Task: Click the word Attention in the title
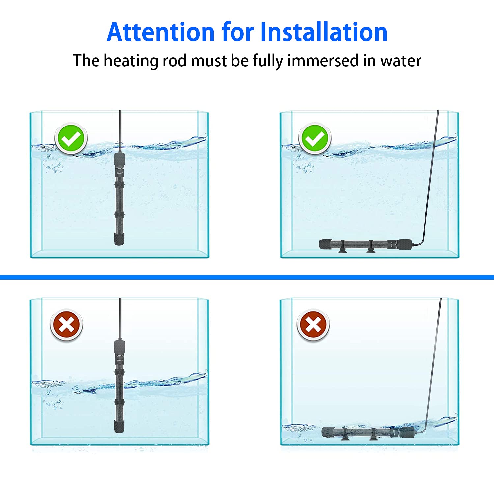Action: [x=161, y=32]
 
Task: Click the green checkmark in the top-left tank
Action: [x=71, y=139]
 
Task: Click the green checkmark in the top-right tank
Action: [x=315, y=139]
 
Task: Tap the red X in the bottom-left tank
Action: [x=66, y=325]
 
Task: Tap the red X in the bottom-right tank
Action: [x=313, y=325]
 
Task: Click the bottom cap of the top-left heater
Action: [x=119, y=239]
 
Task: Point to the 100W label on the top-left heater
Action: [x=120, y=173]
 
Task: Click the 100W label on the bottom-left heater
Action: [x=120, y=361]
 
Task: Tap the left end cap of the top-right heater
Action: [x=325, y=244]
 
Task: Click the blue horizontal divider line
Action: [x=247, y=277]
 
